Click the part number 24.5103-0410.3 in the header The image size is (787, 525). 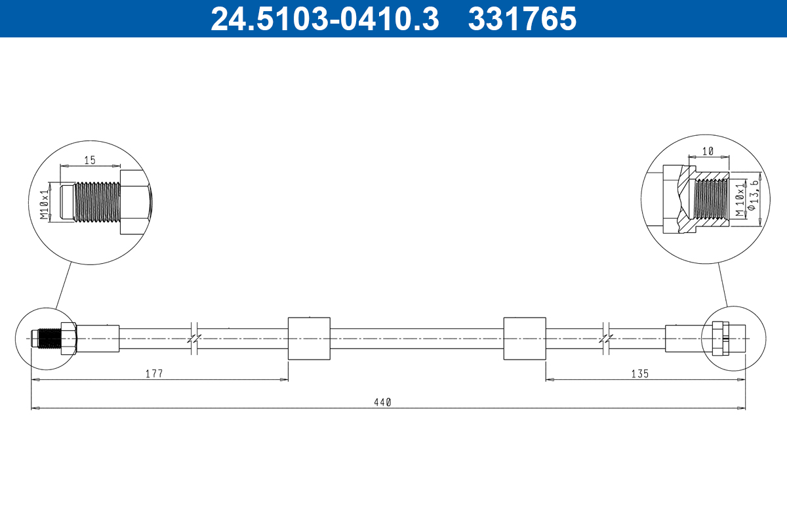(324, 19)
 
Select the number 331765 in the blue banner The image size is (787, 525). (522, 19)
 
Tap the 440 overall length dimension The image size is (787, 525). (383, 402)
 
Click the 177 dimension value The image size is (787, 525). (153, 373)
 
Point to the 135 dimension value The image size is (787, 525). (639, 373)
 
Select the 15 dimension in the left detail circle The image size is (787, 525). (90, 160)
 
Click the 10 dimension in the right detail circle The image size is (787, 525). (708, 152)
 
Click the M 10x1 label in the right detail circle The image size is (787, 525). (740, 201)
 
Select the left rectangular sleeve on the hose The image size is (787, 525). (308, 338)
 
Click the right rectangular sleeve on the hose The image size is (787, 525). (524, 338)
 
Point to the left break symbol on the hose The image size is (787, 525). (194, 338)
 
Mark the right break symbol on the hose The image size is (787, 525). (607, 338)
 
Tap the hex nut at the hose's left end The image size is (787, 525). (68, 338)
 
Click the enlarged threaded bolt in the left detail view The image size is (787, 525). (96, 201)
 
